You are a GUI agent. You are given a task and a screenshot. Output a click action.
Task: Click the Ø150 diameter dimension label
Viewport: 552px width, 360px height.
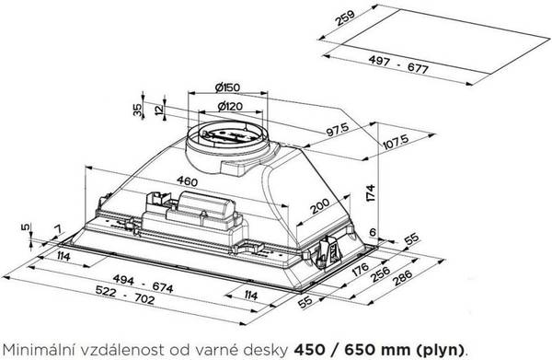227,87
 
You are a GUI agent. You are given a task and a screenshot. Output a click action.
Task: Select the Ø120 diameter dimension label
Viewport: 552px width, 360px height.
230,106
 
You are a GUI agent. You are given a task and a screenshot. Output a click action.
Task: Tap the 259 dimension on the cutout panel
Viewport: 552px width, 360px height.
345,17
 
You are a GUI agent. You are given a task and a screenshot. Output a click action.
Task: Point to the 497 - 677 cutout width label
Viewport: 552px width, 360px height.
398,64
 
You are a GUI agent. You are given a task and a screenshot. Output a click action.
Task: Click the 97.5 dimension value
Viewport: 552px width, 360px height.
338,129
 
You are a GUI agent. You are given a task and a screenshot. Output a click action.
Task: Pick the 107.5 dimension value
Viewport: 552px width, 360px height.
396,141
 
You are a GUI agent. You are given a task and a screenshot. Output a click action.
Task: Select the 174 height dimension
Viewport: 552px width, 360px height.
371,192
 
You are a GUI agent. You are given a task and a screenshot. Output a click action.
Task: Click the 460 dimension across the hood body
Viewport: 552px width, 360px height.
187,181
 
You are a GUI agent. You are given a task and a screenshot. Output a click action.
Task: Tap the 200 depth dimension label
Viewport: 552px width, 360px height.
319,206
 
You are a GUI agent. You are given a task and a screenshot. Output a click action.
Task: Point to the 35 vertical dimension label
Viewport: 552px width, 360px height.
137,110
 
